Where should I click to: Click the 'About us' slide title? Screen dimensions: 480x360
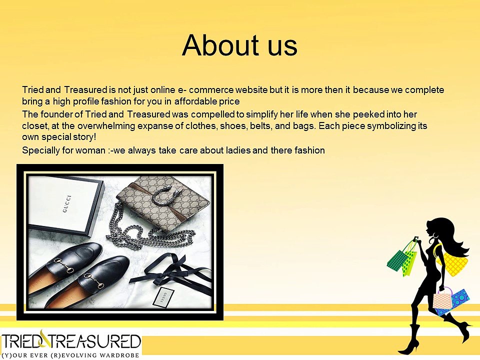[x=239, y=45]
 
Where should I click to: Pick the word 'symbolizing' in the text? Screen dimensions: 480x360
[x=391, y=126]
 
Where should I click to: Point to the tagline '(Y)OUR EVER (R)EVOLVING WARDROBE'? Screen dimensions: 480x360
[x=71, y=355]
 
